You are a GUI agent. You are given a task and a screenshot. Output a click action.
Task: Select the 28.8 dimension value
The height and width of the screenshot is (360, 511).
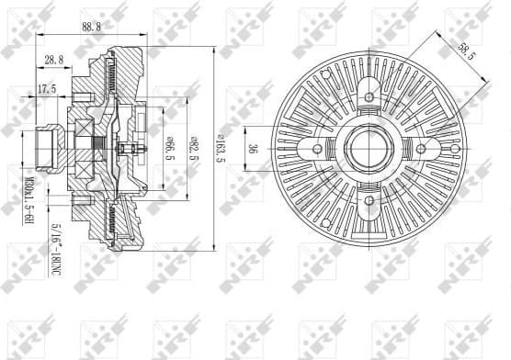pyautogui.click(x=54, y=61)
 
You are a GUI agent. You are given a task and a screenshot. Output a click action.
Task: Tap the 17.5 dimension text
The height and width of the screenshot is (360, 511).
pyautogui.click(x=47, y=89)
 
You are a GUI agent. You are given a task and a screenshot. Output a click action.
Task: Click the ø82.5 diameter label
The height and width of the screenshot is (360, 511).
pyautogui.click(x=194, y=146)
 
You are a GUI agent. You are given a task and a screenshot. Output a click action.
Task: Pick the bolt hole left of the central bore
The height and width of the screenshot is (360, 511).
pyautogui.click(x=317, y=148)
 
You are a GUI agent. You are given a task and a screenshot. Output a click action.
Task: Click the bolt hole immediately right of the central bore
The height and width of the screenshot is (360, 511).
pyautogui.click(x=421, y=148)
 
